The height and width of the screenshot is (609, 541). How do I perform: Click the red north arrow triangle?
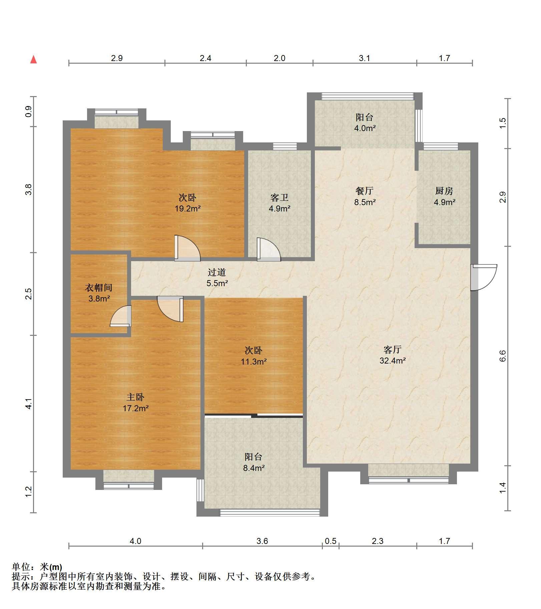pyautogui.click(x=33, y=60)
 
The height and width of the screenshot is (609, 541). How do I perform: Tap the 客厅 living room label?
pyautogui.click(x=392, y=350)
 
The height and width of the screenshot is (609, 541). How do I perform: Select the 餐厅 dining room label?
pyautogui.click(x=364, y=191)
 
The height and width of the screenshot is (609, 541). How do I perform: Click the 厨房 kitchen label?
pyautogui.click(x=444, y=191)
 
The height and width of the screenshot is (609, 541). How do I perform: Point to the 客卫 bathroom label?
pyautogui.click(x=280, y=198)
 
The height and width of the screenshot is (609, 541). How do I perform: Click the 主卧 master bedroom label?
pyautogui.click(x=135, y=397)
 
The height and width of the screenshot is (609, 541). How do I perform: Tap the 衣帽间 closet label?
pyautogui.click(x=99, y=288)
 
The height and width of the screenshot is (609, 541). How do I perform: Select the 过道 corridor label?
pyautogui.click(x=217, y=272)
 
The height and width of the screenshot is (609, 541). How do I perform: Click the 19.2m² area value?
pyautogui.click(x=188, y=209)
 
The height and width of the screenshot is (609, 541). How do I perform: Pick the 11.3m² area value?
pyautogui.click(x=254, y=362)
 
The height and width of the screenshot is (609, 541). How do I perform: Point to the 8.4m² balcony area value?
pyautogui.click(x=254, y=468)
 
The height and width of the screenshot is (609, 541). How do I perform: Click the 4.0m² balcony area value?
pyautogui.click(x=365, y=128)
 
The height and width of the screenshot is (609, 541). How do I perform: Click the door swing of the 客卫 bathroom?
pyautogui.click(x=268, y=249)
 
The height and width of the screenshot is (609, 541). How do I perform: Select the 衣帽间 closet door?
pyautogui.click(x=121, y=316)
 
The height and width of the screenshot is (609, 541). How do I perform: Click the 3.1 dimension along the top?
pyautogui.click(x=365, y=58)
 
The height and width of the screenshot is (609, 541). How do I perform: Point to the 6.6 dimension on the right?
pyautogui.click(x=503, y=356)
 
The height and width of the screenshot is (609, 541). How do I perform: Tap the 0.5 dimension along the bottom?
pyautogui.click(x=331, y=541)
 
